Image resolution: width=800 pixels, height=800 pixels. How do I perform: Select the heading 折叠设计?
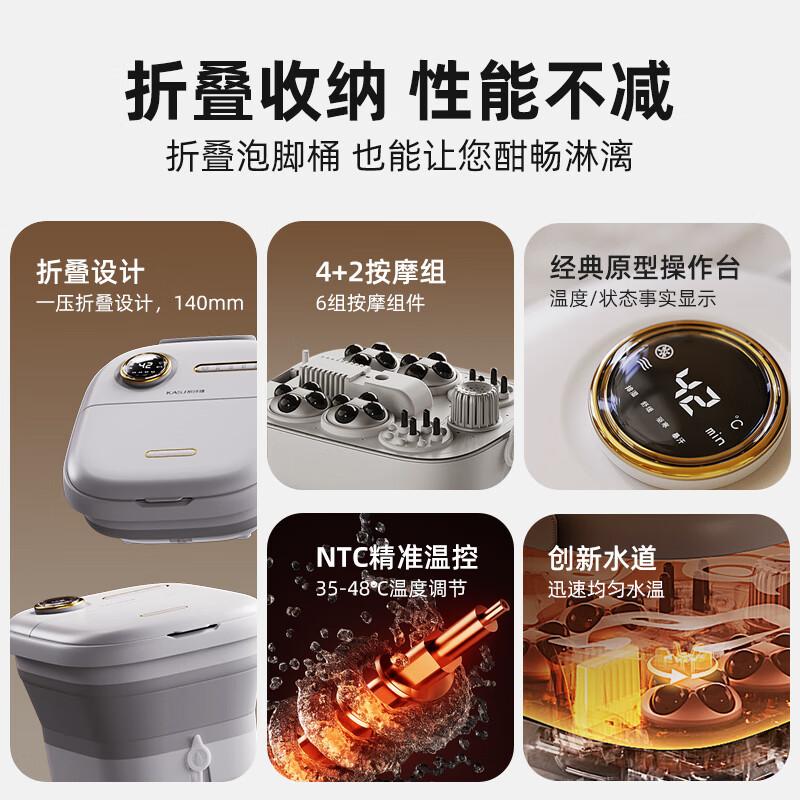[90, 271]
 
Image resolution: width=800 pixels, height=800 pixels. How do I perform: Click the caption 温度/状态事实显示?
[632, 298]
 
